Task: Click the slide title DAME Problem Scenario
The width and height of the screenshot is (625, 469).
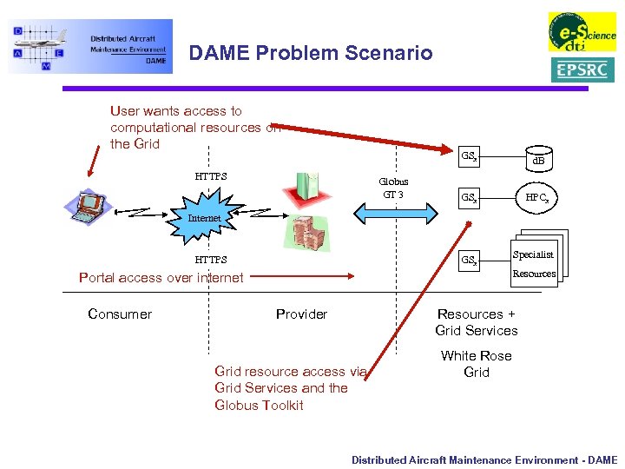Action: [310, 53]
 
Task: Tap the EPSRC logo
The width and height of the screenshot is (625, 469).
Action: [582, 69]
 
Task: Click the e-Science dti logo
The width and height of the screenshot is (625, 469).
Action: [581, 31]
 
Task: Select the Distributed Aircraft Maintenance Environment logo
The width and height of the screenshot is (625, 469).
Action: [90, 46]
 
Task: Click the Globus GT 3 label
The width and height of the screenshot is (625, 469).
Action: [393, 188]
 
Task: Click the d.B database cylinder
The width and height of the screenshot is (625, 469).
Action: [538, 160]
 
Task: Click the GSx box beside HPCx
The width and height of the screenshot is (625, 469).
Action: [470, 198]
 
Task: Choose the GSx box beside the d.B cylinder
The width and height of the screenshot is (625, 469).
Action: [470, 157]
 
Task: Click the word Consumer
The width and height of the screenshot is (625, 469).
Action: [120, 314]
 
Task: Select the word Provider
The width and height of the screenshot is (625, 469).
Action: [301, 314]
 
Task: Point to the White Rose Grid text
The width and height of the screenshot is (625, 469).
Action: [476, 364]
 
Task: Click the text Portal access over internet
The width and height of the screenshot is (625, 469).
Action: [161, 278]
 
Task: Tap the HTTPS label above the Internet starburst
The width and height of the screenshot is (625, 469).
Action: [211, 176]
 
